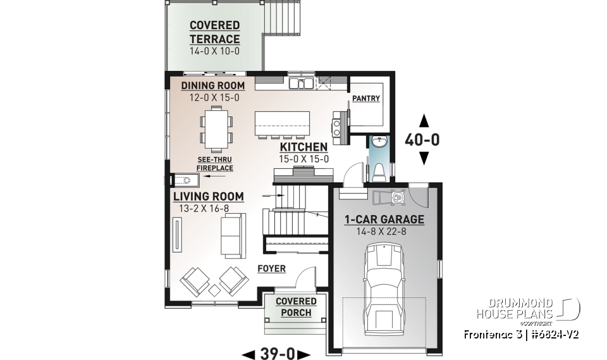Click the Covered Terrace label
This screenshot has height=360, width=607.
coord(214,32)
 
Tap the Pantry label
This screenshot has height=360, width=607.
coord(366,98)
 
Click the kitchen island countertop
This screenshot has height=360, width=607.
coord(282,122)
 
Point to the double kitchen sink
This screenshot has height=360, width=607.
coord(302,83)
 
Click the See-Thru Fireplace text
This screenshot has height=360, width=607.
coord(214,164)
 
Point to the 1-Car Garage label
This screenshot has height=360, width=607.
coord(384,220)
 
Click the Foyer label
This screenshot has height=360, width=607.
coord(271,269)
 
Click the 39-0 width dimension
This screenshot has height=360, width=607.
coord(277,353)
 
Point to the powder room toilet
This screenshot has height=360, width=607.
coord(379,170)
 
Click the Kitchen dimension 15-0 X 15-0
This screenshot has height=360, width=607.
coord(304,159)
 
